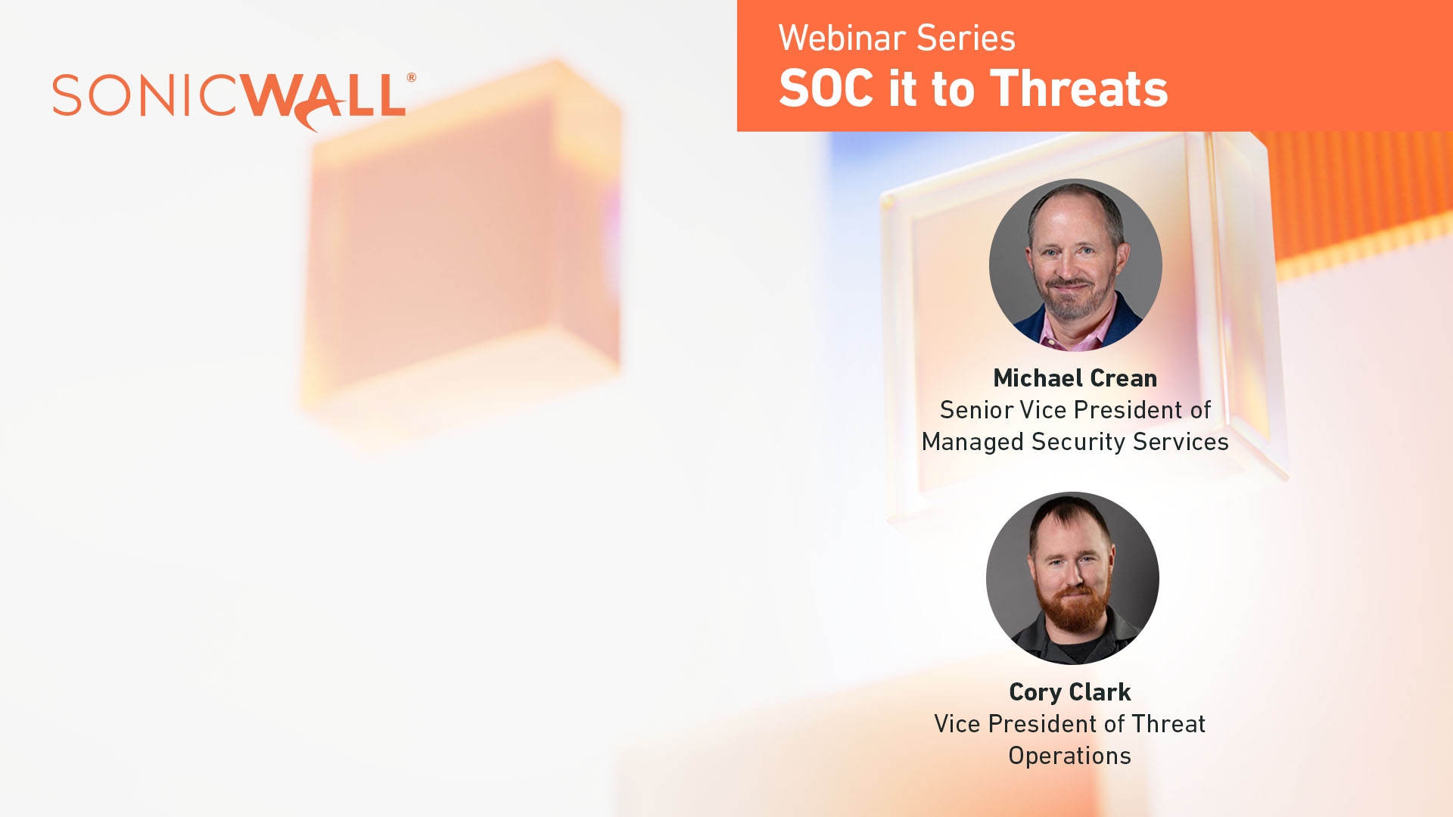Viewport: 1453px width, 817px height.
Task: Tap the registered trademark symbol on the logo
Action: point(411,77)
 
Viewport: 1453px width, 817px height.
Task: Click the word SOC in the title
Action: point(826,89)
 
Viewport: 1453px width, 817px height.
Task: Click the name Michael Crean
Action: point(1075,378)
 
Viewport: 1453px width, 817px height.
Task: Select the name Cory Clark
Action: point(1069,692)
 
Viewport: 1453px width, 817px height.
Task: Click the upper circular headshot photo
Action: point(1075,265)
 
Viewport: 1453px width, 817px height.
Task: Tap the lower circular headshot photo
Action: point(1072,578)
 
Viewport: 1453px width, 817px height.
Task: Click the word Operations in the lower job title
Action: point(1069,756)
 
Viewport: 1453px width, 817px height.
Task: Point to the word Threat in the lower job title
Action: point(1168,724)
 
